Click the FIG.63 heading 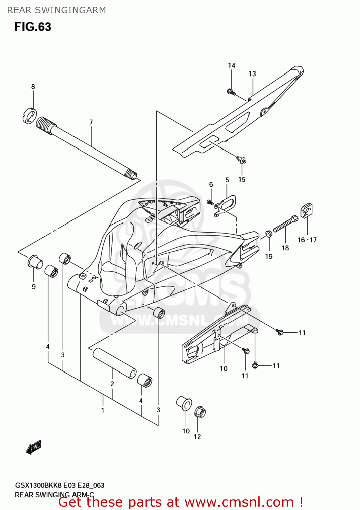point(33,27)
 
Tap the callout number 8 point(33,87)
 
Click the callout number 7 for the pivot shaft point(91,122)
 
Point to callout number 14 point(232,65)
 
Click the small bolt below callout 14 point(231,91)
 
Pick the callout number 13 point(252,74)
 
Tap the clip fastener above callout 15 point(242,159)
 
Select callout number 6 point(211,184)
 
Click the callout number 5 point(227,180)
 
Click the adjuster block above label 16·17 point(307,210)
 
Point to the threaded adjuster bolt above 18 point(285,224)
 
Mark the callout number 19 point(269,256)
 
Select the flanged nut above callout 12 point(200,412)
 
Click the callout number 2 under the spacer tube point(112,384)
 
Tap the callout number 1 point(103,410)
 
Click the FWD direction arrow point(34,447)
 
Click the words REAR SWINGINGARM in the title point(56,10)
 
